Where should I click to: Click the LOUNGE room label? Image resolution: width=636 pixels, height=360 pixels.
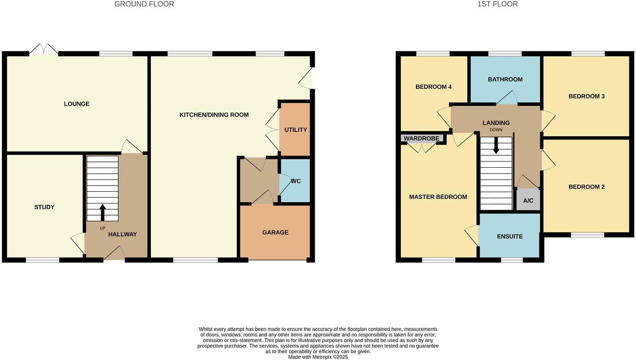pyautogui.click(x=77, y=104)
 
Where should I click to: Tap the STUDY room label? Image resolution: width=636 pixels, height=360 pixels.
pyautogui.click(x=44, y=207)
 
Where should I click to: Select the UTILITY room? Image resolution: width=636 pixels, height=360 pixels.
pyautogui.click(x=295, y=130)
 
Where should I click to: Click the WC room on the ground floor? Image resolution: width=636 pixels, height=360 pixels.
pyautogui.click(x=295, y=181)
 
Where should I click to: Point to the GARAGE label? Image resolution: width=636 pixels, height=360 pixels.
pyautogui.click(x=275, y=233)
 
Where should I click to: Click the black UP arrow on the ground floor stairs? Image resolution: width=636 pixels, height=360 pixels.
pyautogui.click(x=103, y=213)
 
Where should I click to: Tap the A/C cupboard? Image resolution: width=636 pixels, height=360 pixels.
pyautogui.click(x=528, y=201)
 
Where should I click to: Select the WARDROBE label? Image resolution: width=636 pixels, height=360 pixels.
pyautogui.click(x=421, y=139)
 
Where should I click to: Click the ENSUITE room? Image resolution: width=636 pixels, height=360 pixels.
pyautogui.click(x=510, y=237)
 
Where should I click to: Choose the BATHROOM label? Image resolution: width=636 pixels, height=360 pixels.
pyautogui.click(x=505, y=80)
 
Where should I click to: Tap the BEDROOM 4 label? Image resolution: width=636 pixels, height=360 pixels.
pyautogui.click(x=433, y=87)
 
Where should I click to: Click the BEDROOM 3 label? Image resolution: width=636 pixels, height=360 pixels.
pyautogui.click(x=586, y=97)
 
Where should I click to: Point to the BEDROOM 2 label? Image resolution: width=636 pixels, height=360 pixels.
pyautogui.click(x=586, y=187)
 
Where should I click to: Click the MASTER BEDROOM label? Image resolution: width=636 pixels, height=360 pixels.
pyautogui.click(x=438, y=197)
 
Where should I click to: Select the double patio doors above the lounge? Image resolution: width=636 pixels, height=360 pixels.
pyautogui.click(x=44, y=49)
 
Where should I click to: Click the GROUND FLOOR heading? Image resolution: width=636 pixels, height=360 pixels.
pyautogui.click(x=144, y=4)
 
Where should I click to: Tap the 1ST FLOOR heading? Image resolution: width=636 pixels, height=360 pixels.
pyautogui.click(x=497, y=4)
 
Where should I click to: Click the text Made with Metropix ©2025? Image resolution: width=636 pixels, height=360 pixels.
pyautogui.click(x=318, y=357)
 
